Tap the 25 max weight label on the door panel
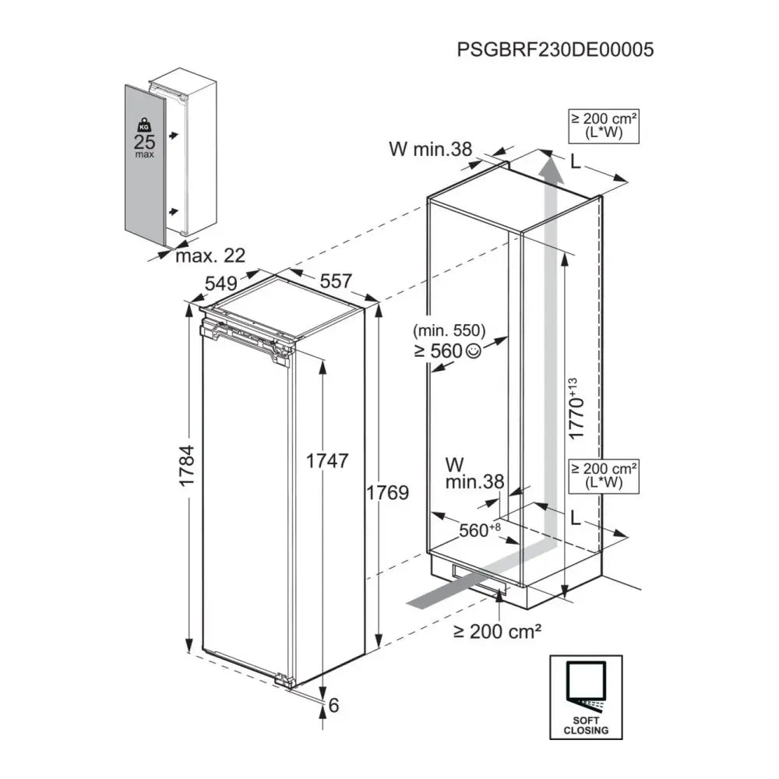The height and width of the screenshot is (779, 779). (x=144, y=144)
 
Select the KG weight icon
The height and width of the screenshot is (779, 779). (x=143, y=125)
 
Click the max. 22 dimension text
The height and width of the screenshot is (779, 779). (x=210, y=255)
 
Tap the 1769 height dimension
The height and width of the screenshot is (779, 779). (x=387, y=492)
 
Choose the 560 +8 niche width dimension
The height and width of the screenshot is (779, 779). (x=478, y=530)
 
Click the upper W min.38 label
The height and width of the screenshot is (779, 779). (x=430, y=149)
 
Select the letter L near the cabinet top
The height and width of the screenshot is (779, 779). (x=575, y=162)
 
